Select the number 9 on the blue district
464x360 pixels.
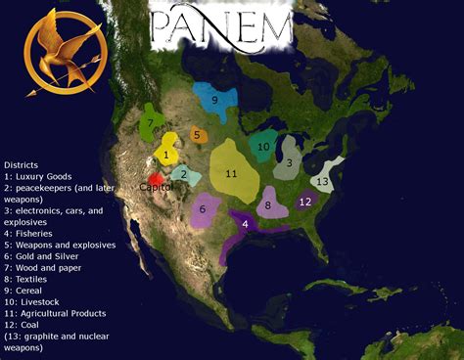(x=213, y=99)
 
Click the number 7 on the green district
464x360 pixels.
(x=151, y=124)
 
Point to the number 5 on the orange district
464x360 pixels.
(x=197, y=135)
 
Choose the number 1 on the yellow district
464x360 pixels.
(x=167, y=154)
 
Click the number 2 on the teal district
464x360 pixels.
(x=183, y=175)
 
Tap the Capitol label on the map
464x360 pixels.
(x=155, y=185)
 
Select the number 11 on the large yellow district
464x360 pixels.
(x=231, y=174)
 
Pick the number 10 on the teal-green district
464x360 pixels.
(x=263, y=147)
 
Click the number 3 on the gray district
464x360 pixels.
(x=289, y=163)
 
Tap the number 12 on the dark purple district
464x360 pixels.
(x=305, y=202)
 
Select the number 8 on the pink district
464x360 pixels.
(x=268, y=205)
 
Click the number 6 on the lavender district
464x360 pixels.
(x=203, y=208)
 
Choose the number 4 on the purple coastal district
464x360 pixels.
(x=245, y=225)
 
